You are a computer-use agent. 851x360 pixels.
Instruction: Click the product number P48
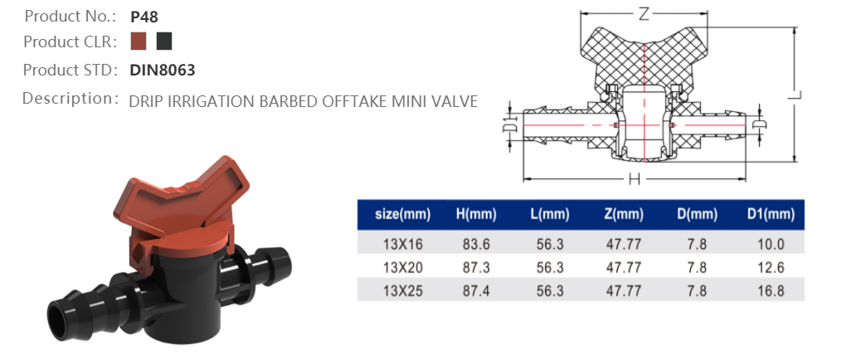[x=144, y=16]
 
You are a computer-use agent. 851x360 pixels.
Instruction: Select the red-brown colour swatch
[x=139, y=41]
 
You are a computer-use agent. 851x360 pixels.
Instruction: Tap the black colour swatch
[x=164, y=41]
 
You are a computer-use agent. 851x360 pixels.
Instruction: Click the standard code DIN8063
[x=163, y=71]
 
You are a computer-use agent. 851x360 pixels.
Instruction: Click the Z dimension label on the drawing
[x=644, y=14]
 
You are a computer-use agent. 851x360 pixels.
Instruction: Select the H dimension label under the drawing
[x=635, y=178]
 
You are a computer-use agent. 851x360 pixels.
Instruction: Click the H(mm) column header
[x=476, y=215]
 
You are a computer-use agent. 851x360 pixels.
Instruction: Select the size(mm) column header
[x=402, y=215]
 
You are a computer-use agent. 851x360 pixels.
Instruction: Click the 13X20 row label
[x=402, y=267]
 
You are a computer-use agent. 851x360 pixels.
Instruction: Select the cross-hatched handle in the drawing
[x=644, y=54]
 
